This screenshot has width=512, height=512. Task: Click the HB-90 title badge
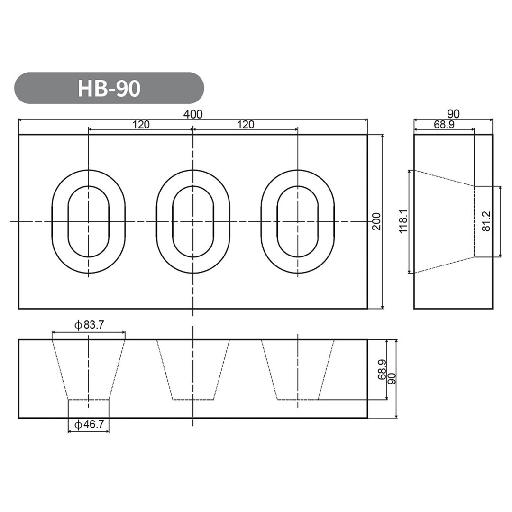pos(109,88)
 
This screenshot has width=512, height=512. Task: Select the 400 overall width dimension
pos(193,114)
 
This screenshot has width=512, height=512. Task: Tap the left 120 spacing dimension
pos(141,125)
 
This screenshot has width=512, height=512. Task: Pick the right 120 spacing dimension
pos(246,125)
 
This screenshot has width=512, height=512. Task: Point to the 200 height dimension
pos(376,221)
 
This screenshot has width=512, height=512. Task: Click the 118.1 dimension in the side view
pos(403,222)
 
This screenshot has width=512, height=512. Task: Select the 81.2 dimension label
pos(486,222)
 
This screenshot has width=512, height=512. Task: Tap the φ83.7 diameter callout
pos(89,325)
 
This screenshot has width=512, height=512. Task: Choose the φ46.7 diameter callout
pos(89,425)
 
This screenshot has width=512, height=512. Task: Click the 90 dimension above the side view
pos(453,114)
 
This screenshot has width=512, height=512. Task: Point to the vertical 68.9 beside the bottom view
pos(382,370)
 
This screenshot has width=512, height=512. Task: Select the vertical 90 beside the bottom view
pos(392,378)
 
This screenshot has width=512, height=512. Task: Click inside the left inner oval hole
pos(89,221)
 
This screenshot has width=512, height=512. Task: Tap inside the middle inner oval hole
pos(193,221)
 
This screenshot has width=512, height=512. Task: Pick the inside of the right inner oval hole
pos(298,221)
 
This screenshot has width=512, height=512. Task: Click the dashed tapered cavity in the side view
pos(443,221)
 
